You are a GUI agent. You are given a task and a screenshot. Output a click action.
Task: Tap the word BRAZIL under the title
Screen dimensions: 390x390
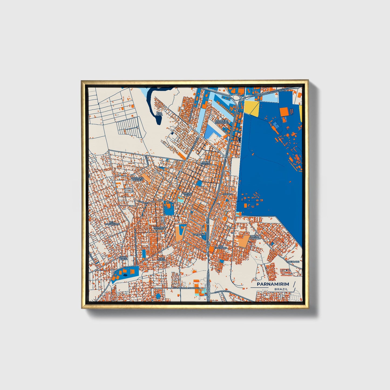[281, 289]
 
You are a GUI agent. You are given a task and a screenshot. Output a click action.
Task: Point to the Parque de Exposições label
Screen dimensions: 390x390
[222, 121]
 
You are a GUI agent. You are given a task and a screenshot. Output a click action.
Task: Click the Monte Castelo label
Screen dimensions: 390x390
[206, 163]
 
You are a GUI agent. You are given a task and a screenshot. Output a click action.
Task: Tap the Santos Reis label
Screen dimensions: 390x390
[187, 194]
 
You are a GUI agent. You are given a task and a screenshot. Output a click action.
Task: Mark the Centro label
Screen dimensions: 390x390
[228, 194]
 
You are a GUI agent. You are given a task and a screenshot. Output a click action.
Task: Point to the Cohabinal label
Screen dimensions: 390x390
[199, 235]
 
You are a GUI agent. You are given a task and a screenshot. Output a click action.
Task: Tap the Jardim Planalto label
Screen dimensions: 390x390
[255, 238]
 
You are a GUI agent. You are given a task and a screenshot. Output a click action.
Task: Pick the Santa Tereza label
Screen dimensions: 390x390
[123, 258]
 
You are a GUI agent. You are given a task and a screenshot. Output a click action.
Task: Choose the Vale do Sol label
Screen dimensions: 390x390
[162, 259]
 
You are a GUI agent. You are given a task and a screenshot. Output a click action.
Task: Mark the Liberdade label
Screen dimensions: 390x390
[293, 262]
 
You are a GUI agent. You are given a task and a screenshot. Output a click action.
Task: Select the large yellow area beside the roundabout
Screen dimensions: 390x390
[251, 108]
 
